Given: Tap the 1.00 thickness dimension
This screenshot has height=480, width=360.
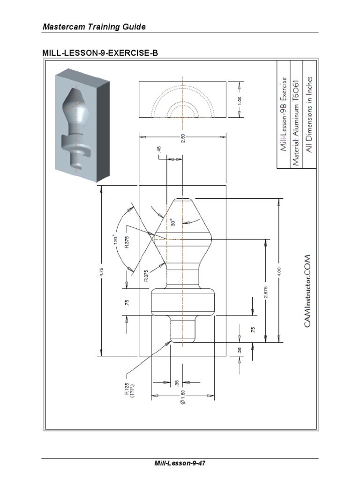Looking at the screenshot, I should (x=239, y=100).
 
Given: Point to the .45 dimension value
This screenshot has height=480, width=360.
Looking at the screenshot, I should (x=159, y=149).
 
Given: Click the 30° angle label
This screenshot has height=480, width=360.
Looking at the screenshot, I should (x=173, y=222).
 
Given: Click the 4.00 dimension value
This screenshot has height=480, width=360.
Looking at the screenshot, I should (x=278, y=272).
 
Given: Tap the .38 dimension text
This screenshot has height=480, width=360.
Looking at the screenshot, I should (x=239, y=350).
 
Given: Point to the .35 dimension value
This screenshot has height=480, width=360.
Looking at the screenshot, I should (x=176, y=382).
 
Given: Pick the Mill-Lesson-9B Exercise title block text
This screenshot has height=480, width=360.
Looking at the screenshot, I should (x=283, y=114).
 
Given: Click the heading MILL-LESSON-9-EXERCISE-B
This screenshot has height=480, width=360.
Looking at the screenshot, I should (x=100, y=53).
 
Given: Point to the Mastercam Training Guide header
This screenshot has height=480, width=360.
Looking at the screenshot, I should (x=94, y=27).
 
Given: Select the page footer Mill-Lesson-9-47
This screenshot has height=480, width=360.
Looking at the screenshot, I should (x=180, y=464).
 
